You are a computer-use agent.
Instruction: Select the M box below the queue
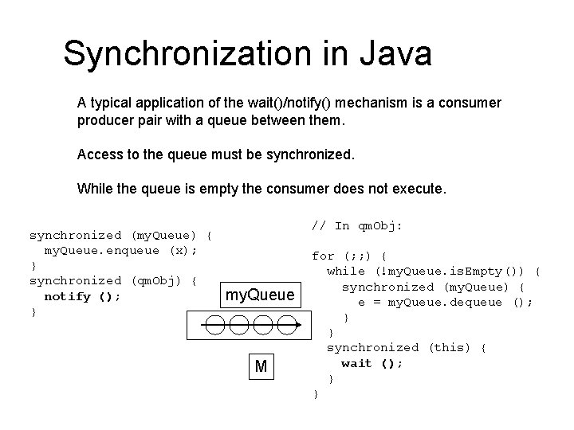click(x=261, y=365)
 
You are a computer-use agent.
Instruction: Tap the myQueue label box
click(x=261, y=295)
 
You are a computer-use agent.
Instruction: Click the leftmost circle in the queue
click(x=214, y=326)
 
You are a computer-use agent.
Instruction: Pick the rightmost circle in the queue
click(x=285, y=326)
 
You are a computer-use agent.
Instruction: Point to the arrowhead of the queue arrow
click(x=298, y=326)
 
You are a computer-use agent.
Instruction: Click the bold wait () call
click(x=372, y=363)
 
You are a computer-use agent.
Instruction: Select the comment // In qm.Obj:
click(x=356, y=226)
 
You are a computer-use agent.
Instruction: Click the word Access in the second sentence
click(x=99, y=154)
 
